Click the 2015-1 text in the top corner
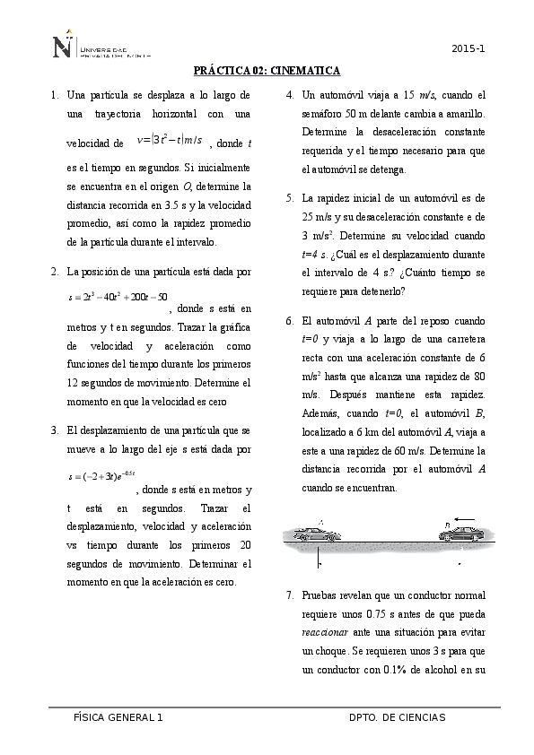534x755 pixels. (x=468, y=48)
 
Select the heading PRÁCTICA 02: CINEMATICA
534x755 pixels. (x=267, y=71)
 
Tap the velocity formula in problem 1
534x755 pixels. (x=170, y=140)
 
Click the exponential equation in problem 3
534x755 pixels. (x=101, y=474)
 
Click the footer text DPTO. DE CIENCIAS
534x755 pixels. (x=397, y=718)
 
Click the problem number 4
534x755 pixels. (x=289, y=94)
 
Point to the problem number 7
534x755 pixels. (x=289, y=595)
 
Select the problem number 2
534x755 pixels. (x=55, y=271)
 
